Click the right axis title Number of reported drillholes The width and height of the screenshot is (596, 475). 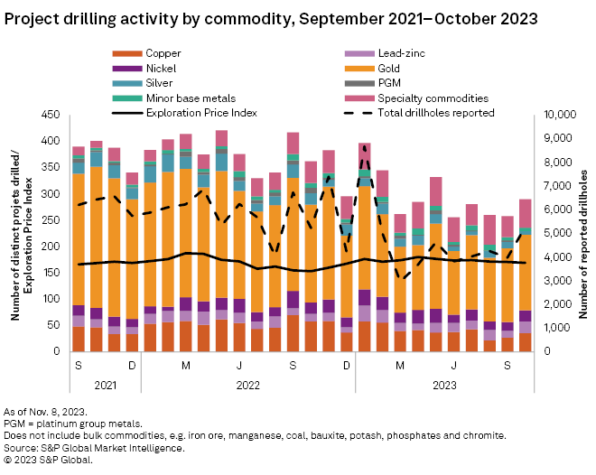583,233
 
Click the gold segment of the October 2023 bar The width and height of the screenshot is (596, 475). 525,272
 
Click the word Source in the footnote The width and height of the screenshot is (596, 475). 22,447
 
